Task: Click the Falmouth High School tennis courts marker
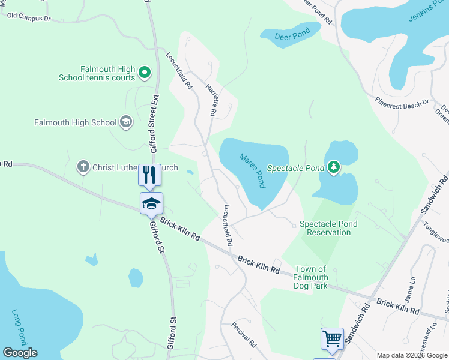tap(144, 73)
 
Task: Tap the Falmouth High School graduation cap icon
tap(125, 122)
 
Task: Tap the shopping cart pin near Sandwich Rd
tap(332, 338)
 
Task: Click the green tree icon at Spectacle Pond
tap(334, 167)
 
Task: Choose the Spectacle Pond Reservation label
tap(328, 228)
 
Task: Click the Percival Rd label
tap(244, 335)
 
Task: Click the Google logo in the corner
tap(20, 353)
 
